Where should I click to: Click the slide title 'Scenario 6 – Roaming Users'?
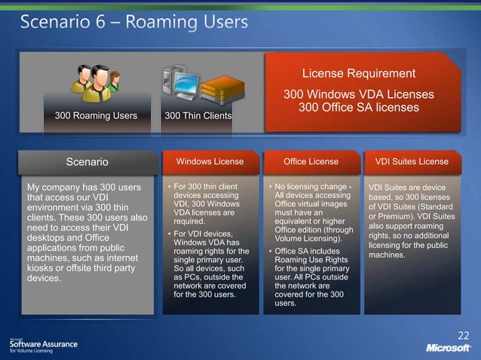tap(133, 22)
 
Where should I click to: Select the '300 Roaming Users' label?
tap(96, 116)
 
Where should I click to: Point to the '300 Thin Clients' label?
tap(198, 116)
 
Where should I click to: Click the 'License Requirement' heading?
tap(359, 73)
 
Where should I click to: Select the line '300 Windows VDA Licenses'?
tap(359, 95)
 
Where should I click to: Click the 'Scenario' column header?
tap(87, 161)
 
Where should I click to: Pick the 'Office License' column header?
tap(311, 161)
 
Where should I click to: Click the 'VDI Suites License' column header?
tap(412, 161)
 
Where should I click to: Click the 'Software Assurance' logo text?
tap(43, 343)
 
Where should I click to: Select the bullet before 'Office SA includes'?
tap(269, 251)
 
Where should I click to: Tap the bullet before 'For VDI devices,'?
tap(168, 234)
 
